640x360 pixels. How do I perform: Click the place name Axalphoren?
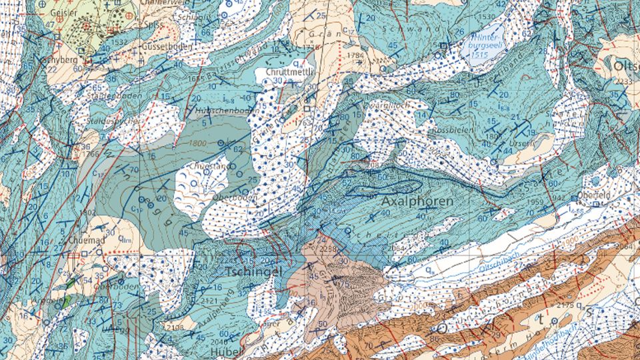(418, 201)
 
